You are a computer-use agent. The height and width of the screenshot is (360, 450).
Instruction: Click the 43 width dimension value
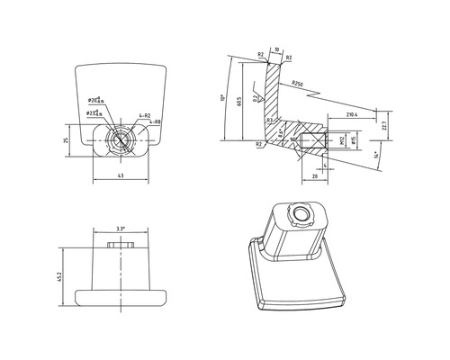(120, 175)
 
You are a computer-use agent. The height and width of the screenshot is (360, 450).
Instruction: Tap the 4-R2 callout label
(144, 114)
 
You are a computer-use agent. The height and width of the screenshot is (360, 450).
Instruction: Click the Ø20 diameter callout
(94, 99)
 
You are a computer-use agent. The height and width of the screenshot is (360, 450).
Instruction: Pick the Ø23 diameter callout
(92, 112)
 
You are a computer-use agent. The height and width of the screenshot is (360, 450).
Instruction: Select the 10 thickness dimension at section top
(277, 50)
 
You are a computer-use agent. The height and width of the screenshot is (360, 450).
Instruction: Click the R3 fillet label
(269, 121)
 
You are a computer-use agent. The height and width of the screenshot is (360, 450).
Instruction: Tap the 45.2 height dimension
(60, 274)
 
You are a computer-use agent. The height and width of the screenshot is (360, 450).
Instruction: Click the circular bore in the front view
(120, 139)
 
